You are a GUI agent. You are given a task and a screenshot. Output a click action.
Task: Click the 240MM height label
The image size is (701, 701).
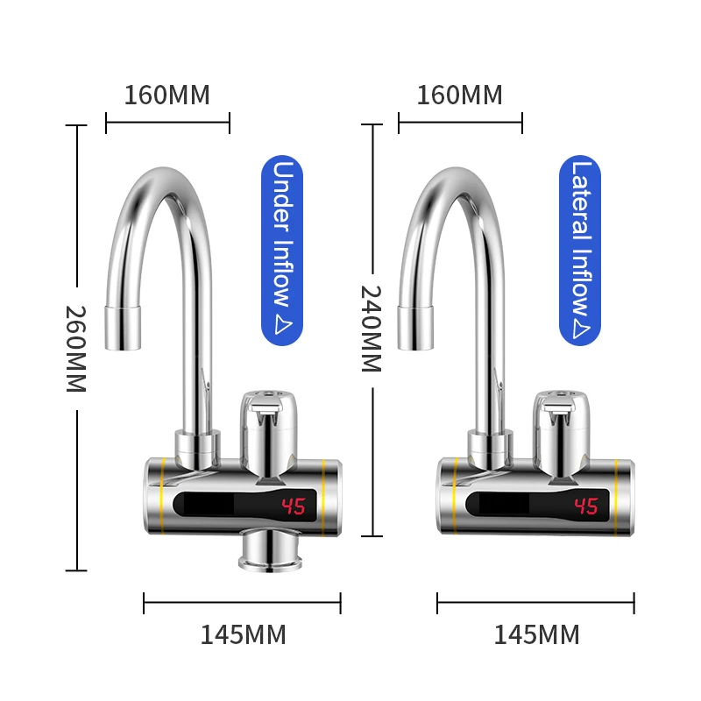372,329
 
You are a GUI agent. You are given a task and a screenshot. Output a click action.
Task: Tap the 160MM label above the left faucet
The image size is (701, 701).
166,95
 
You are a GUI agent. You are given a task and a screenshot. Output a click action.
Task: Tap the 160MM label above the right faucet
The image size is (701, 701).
459,95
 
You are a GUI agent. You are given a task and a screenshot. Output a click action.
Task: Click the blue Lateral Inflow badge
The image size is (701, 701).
579,249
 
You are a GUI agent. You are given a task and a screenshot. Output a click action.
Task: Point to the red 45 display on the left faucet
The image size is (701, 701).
294,506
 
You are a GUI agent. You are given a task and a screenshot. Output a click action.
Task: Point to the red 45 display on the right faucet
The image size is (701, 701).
585,506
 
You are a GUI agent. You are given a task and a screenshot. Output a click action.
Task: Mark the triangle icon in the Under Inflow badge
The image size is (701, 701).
282,325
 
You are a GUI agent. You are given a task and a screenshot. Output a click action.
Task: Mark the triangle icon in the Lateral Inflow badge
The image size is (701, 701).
579,328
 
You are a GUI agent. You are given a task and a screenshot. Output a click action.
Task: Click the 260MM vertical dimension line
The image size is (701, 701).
77,219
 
